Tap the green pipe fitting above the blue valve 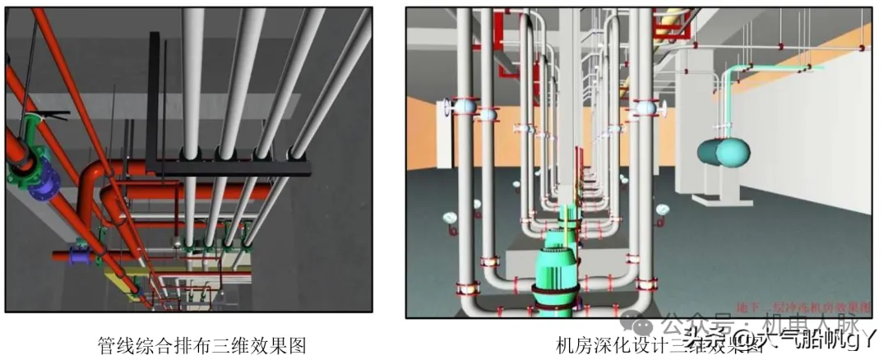coord(31,132)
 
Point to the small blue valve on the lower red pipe coord(80,254)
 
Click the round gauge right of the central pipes coord(658,215)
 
